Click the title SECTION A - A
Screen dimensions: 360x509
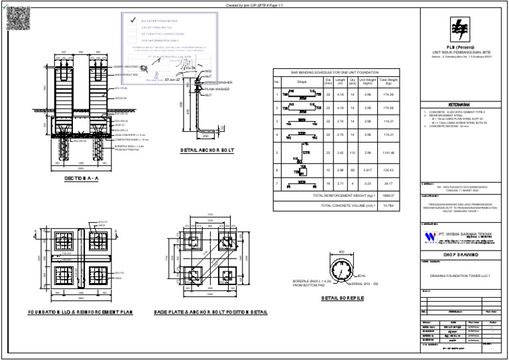point(83,179)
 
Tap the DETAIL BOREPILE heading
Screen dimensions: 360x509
point(344,298)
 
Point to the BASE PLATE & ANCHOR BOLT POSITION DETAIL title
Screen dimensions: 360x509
point(211,312)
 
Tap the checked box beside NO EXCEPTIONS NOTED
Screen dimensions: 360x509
point(133,21)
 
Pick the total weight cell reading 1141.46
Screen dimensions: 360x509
point(388,152)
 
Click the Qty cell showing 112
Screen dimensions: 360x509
point(353,152)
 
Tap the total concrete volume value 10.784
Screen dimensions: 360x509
point(388,206)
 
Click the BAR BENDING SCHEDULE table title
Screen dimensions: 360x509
point(335,72)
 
